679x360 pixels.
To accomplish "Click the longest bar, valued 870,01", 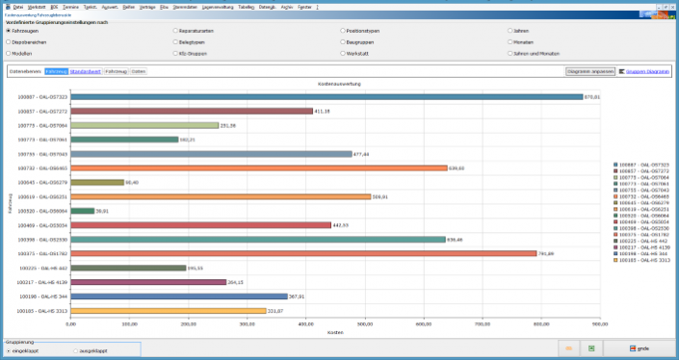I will pyautogui.click(x=327, y=97).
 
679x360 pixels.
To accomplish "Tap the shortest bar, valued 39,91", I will pyautogui.click(x=83, y=211).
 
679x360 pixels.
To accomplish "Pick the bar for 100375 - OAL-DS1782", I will pyautogui.click(x=303, y=254).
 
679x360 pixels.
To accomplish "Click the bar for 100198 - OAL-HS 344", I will pyautogui.click(x=179, y=296).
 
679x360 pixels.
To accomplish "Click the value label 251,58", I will pyautogui.click(x=228, y=125).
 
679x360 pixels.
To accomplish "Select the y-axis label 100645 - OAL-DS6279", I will pyautogui.click(x=43, y=182).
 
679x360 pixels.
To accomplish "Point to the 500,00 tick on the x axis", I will pyautogui.click(x=365, y=324).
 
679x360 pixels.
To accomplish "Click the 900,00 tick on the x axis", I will pyautogui.click(x=600, y=324).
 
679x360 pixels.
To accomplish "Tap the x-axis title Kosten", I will pyautogui.click(x=335, y=332).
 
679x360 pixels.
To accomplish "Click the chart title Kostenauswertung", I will pyautogui.click(x=335, y=84).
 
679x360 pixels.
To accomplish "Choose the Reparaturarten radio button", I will pyautogui.click(x=175, y=31).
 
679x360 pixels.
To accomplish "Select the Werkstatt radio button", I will pyautogui.click(x=343, y=54).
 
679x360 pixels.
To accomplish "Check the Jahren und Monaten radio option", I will pyautogui.click(x=510, y=54).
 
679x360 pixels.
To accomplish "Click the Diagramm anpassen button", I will pyautogui.click(x=590, y=71).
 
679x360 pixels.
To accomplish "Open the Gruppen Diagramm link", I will pyautogui.click(x=645, y=71).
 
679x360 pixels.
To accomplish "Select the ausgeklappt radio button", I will pyautogui.click(x=76, y=351).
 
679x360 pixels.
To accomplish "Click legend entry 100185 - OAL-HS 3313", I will pyautogui.click(x=643, y=261).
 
